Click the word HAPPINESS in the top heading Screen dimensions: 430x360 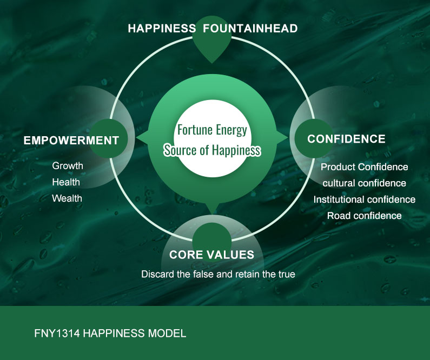click(x=162, y=29)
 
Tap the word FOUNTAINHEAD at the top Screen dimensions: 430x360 click(x=250, y=29)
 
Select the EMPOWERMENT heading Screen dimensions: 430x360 click(x=71, y=141)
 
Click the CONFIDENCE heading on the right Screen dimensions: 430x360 click(x=346, y=139)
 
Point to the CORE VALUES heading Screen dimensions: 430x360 click(x=211, y=255)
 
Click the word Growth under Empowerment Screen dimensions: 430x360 click(x=68, y=166)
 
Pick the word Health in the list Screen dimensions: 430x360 click(x=66, y=182)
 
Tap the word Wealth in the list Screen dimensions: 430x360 click(x=67, y=198)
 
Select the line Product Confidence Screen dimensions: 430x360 click(x=365, y=167)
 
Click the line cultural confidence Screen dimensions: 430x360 click(x=365, y=183)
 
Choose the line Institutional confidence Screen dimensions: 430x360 click(x=365, y=199)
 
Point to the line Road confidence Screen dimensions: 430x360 click(x=365, y=216)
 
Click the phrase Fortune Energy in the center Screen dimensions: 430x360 click(x=212, y=130)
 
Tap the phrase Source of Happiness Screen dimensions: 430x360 click(x=212, y=150)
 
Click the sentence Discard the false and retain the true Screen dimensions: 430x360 click(x=219, y=274)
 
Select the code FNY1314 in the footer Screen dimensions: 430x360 click(x=57, y=334)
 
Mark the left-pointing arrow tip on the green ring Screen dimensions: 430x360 click(x=136, y=137)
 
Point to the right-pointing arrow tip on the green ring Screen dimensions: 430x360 click(x=288, y=137)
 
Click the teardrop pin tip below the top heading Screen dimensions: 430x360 click(x=211, y=63)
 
